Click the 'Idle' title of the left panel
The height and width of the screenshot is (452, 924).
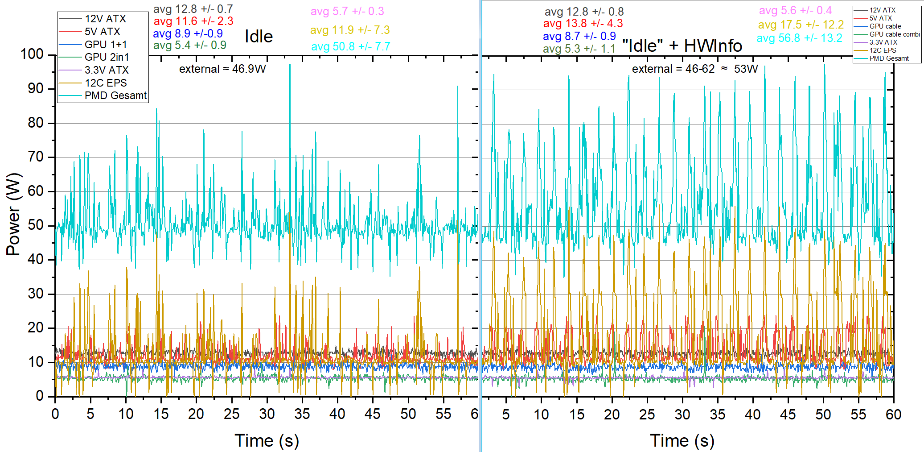click(x=259, y=37)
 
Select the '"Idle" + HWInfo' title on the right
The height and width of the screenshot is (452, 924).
click(x=682, y=46)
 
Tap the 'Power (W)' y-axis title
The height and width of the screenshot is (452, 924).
click(x=13, y=214)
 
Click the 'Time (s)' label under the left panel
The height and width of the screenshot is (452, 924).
click(x=267, y=440)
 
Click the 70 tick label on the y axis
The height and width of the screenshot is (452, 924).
click(x=35, y=157)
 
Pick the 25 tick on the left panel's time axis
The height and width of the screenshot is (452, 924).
click(x=231, y=414)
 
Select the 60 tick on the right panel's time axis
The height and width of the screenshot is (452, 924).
click(x=893, y=415)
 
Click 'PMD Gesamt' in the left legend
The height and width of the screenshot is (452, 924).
click(x=115, y=95)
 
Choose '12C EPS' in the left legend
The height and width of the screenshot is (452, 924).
click(x=106, y=83)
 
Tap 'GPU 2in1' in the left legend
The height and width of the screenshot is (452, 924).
click(x=107, y=57)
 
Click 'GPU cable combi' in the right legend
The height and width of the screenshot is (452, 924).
click(x=894, y=34)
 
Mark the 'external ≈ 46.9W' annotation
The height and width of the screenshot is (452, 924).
click(x=222, y=69)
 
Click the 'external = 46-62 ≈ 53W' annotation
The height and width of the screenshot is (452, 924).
click(x=694, y=69)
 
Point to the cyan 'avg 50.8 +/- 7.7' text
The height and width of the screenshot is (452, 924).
click(x=350, y=46)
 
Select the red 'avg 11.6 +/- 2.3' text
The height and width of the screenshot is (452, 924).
click(x=193, y=21)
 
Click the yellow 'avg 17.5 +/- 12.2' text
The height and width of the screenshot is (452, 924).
click(x=801, y=25)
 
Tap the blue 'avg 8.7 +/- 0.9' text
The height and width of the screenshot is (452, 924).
click(x=579, y=36)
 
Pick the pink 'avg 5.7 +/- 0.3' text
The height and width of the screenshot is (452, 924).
click(x=347, y=11)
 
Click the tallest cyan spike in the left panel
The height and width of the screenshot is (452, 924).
click(x=290, y=65)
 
